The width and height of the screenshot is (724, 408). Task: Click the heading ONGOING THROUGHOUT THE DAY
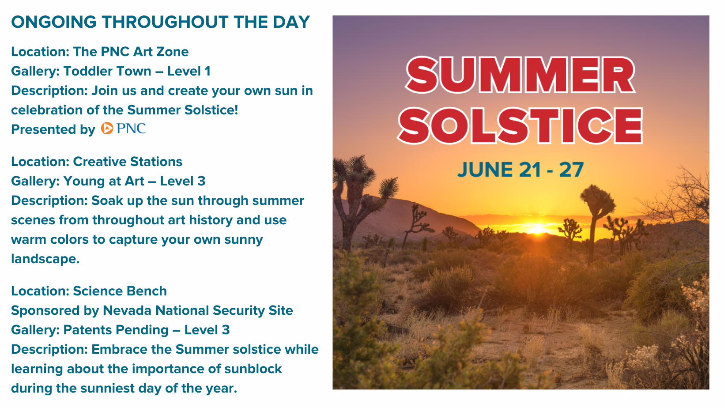161,22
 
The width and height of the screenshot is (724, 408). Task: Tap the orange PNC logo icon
107,128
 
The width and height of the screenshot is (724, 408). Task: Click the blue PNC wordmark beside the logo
131,128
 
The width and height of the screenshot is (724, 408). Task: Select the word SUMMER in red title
520,75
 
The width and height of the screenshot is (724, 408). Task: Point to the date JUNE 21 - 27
520,170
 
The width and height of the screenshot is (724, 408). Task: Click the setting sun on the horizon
537,229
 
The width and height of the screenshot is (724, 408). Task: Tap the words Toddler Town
107,71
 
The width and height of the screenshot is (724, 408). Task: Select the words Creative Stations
128,162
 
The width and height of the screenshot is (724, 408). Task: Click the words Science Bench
120,291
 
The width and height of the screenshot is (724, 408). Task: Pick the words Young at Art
104,181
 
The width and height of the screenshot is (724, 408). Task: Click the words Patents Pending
116,330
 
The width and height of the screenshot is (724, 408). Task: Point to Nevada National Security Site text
198,311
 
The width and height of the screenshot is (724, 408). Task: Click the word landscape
45,259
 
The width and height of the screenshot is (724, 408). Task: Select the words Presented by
53,130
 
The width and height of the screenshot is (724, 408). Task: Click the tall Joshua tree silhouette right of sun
596,220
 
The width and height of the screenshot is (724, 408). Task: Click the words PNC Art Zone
144,52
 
